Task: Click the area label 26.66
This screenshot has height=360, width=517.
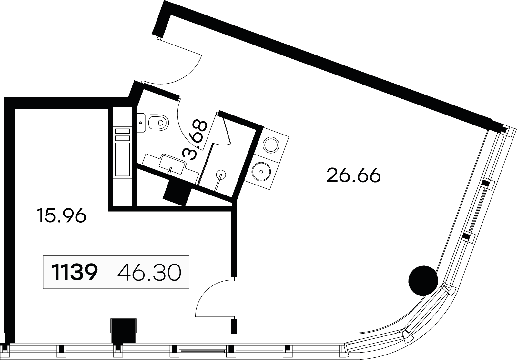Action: [x=354, y=176]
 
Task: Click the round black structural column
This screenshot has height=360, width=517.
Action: [x=423, y=281]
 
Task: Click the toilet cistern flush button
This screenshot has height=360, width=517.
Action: [x=141, y=123]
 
